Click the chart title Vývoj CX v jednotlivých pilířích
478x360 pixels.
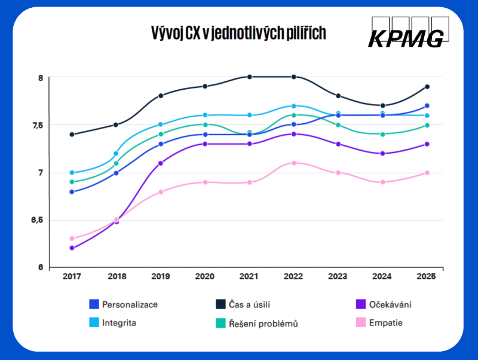(239, 33)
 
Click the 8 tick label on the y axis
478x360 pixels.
(41, 78)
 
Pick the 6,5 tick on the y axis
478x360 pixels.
(38, 221)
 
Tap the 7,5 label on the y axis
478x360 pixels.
(38, 126)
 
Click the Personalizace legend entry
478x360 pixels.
(129, 304)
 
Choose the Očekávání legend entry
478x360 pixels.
(390, 304)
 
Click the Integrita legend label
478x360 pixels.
(118, 323)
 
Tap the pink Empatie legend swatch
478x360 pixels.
(360, 323)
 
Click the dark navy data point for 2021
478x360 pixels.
(250, 77)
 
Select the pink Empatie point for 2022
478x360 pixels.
(294, 163)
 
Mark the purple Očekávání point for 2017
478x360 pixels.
(72, 248)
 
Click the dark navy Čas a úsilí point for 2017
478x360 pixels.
(72, 135)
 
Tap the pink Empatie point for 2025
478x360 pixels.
(427, 173)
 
